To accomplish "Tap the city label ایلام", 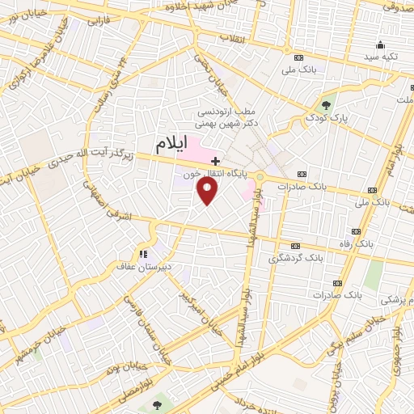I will point(171,144).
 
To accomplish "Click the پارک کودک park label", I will point(326,118).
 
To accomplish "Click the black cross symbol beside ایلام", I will point(215,160).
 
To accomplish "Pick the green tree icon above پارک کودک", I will point(326,105).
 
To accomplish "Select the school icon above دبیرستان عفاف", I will point(145,251).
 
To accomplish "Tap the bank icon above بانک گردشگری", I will point(295,246).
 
